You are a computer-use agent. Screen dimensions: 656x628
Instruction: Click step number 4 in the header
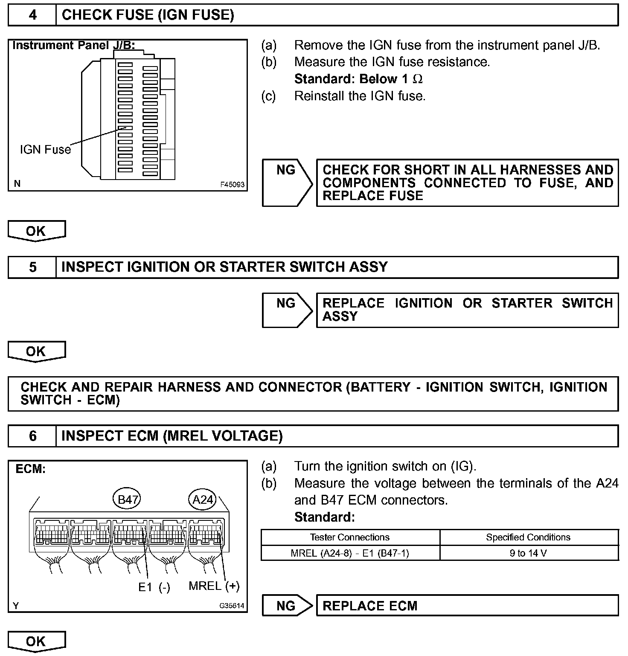[32, 15]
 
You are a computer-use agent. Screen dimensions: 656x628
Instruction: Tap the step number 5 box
[32, 267]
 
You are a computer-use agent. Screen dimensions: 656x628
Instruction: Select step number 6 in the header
[32, 436]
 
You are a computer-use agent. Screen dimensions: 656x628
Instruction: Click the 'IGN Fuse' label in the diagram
[45, 149]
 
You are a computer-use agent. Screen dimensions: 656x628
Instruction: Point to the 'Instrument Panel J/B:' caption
[73, 46]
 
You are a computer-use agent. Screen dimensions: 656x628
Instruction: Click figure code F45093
[232, 185]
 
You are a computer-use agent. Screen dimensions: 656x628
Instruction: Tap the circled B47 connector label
[127, 499]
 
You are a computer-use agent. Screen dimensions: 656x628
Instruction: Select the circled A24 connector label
[203, 499]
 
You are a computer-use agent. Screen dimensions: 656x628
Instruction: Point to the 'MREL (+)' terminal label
[214, 586]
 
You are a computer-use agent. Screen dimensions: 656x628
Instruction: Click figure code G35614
[233, 606]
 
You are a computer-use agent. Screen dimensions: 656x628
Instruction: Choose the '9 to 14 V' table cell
[528, 553]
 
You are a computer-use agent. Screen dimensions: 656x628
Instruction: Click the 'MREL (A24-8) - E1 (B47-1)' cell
[350, 553]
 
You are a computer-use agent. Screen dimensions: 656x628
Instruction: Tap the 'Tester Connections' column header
[350, 537]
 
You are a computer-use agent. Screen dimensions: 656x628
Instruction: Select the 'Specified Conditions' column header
[528, 537]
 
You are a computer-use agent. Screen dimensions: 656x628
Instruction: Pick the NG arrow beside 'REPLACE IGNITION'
[287, 310]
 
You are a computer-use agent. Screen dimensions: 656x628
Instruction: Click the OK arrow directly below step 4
[36, 231]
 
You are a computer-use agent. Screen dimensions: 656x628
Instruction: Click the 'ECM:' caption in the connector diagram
[30, 469]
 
